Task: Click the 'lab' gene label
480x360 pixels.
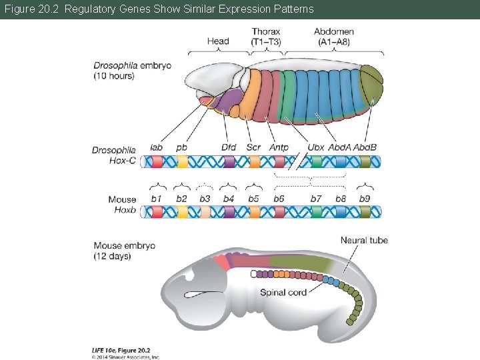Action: (157, 147)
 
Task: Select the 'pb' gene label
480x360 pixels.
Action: (181, 148)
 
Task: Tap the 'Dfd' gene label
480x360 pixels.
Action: (229, 147)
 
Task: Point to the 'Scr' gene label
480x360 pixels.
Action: (253, 147)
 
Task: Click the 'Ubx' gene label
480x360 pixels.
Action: (316, 147)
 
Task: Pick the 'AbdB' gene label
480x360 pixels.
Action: (365, 147)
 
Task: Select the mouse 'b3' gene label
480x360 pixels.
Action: (205, 199)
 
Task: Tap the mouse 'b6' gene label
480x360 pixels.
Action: (279, 199)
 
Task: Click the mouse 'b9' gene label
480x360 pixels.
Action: (365, 199)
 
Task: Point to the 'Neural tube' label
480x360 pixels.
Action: (364, 240)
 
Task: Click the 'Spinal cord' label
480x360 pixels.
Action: (283, 292)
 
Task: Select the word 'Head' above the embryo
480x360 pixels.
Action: (218, 41)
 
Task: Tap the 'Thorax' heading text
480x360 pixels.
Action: (266, 31)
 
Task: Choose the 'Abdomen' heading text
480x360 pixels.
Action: (334, 31)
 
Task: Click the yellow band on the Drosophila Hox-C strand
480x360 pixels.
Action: (182, 161)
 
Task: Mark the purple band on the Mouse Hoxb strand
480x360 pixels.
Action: (229, 212)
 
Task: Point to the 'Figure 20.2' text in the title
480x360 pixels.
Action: (27, 9)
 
